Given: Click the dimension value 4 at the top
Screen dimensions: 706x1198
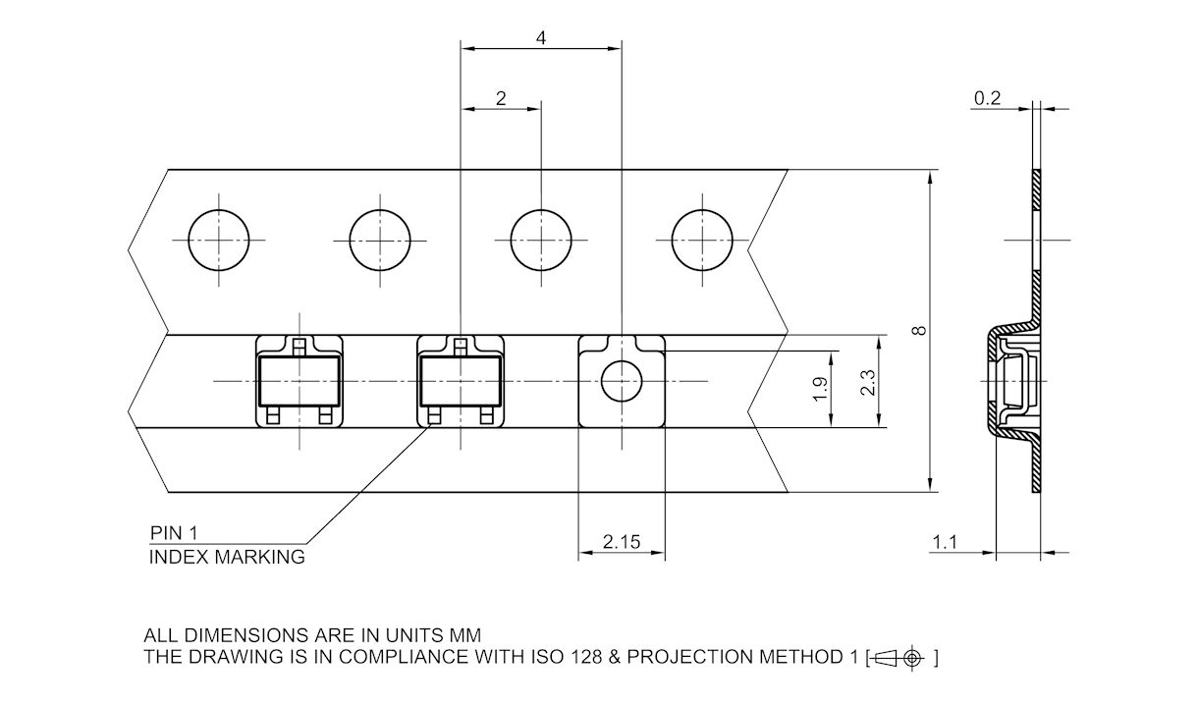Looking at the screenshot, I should click(x=541, y=37).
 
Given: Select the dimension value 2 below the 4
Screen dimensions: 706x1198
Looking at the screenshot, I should click(x=501, y=97).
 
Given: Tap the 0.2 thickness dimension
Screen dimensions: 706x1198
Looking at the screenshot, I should click(x=987, y=97).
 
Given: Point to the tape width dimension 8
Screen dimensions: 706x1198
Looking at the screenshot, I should click(x=919, y=331).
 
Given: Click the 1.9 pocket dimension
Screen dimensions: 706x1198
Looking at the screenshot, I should click(x=821, y=390).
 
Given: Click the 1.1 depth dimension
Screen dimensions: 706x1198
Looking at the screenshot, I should click(x=944, y=542).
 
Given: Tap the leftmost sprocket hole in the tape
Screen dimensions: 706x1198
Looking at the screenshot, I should click(x=219, y=241).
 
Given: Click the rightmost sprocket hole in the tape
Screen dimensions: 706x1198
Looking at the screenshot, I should click(x=702, y=241).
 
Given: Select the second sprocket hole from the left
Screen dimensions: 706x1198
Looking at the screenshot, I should click(x=380, y=241).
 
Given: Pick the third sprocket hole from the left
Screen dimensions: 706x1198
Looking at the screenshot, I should click(x=541, y=241).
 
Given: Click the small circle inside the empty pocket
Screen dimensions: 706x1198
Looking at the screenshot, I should click(x=622, y=381).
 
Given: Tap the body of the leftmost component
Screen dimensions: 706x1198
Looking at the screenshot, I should click(x=299, y=381).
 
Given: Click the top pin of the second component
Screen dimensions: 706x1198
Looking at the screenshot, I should click(x=461, y=344).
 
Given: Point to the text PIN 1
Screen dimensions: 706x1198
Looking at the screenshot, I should click(x=174, y=533).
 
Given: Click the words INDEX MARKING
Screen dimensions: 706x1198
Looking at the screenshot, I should click(x=226, y=558).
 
